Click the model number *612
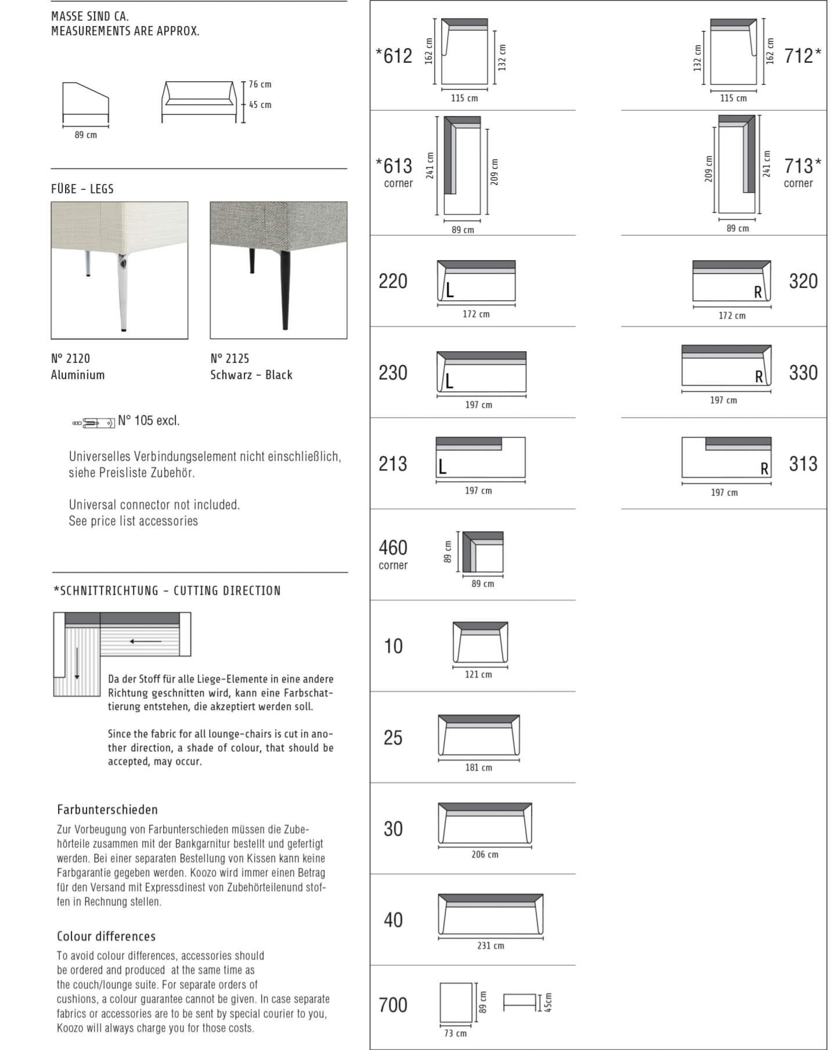(394, 56)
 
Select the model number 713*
(803, 166)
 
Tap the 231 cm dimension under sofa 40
(490, 946)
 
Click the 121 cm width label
(478, 674)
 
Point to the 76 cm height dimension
(260, 85)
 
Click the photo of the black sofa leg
(279, 270)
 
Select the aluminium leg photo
(120, 270)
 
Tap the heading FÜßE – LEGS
(82, 189)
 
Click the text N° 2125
(230, 359)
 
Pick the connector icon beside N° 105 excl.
(93, 423)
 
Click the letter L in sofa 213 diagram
(442, 467)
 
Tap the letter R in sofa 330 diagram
(759, 377)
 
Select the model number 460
(393, 547)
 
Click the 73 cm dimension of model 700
(456, 1033)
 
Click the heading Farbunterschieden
(107, 810)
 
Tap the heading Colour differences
(106, 936)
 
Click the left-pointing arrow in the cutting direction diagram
(146, 641)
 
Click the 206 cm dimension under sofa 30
(485, 854)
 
